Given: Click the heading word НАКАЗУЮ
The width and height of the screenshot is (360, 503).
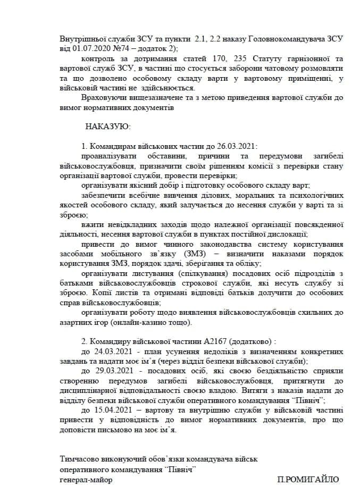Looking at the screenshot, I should coord(104,127).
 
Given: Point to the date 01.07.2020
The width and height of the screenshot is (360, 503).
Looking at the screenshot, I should coord(87,49).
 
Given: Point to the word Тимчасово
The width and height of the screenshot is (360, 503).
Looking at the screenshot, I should coord(80,459).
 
